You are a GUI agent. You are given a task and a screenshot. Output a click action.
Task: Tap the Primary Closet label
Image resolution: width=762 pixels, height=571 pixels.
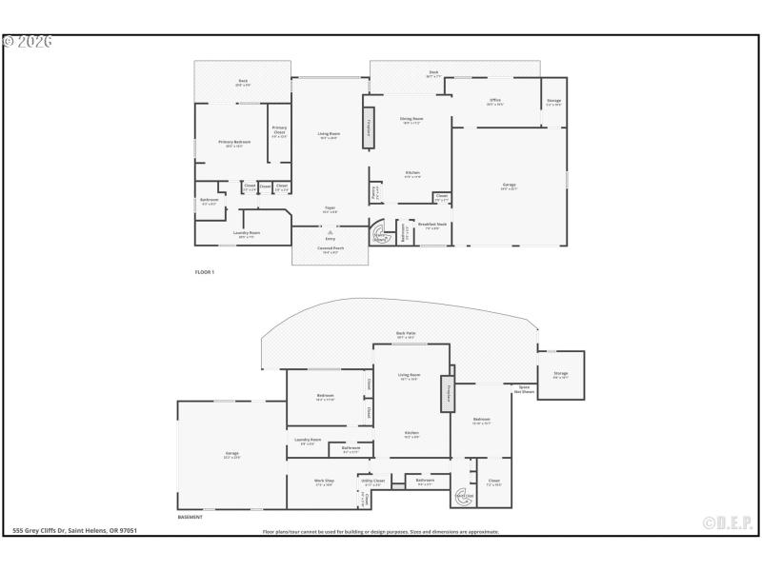pos(279,131)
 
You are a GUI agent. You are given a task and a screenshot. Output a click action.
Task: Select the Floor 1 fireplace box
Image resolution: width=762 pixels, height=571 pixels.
pos(367,127)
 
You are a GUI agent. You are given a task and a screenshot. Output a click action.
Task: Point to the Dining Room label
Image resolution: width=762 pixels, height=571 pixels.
pos(411,120)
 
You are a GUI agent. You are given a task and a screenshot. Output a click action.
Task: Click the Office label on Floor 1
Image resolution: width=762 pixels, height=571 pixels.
pos(495,101)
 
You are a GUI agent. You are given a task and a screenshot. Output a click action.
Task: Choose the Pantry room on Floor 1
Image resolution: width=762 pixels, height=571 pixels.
pos(375,192)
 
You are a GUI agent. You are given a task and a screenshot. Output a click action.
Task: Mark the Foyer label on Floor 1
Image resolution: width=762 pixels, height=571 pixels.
pos(330,209)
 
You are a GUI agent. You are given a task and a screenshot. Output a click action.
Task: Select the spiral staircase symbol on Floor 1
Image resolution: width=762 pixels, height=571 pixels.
pos(381,233)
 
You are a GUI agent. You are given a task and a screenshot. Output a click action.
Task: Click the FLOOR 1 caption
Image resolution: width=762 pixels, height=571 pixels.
pos(205,272)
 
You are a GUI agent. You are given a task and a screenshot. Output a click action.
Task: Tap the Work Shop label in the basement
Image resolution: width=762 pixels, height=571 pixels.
pos(324,482)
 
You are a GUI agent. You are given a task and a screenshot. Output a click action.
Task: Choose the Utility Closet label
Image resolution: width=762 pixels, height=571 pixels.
pos(372,482)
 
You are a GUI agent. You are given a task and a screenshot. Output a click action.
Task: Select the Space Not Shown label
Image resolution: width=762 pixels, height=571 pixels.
pos(525,389)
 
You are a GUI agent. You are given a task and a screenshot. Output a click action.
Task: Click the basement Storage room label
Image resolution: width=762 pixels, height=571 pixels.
pos(560,376)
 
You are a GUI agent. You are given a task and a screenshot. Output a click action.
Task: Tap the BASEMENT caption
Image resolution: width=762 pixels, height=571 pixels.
pos(191,517)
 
